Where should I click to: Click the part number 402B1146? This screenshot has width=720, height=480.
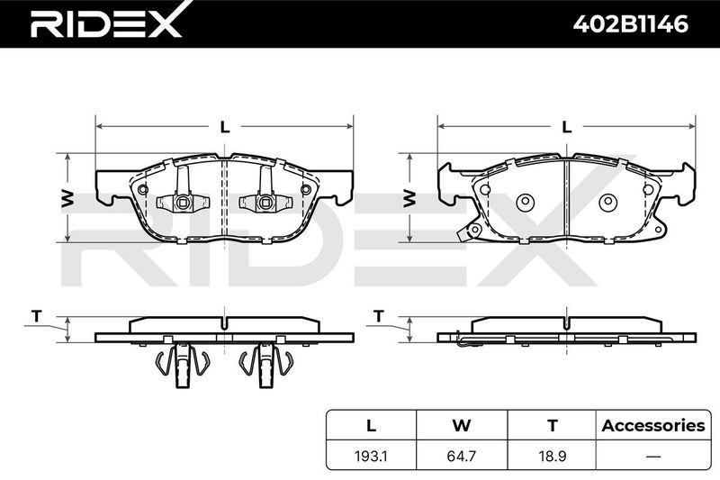[631, 24]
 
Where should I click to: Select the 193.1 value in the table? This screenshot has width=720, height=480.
[371, 456]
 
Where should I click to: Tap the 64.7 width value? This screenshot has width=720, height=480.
[462, 456]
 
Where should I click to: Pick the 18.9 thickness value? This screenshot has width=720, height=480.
[553, 456]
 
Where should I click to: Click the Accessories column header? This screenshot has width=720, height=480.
[653, 425]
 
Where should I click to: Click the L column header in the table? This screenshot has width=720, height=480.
[371, 425]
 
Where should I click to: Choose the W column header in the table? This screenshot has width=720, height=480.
[462, 425]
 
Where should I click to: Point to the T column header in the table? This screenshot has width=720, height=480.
[553, 425]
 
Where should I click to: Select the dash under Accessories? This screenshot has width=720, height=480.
[653, 457]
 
